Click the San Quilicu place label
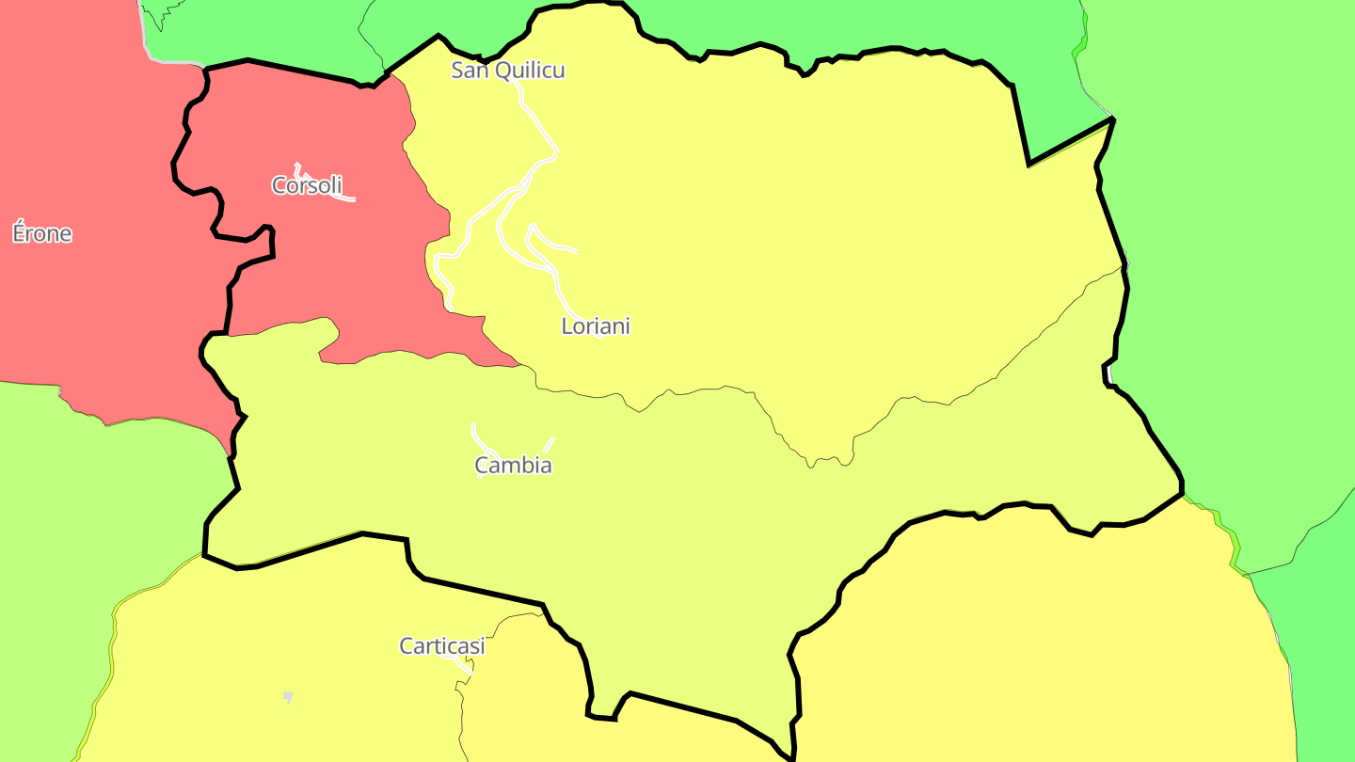508,70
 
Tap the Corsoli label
307,185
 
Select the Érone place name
42,233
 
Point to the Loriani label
596,326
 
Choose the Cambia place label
513,465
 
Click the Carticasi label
442,646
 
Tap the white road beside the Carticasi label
465,666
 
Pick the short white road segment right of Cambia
549,443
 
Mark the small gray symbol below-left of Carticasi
288,697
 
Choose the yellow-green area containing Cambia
659,508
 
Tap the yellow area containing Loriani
753,235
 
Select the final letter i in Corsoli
339,185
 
